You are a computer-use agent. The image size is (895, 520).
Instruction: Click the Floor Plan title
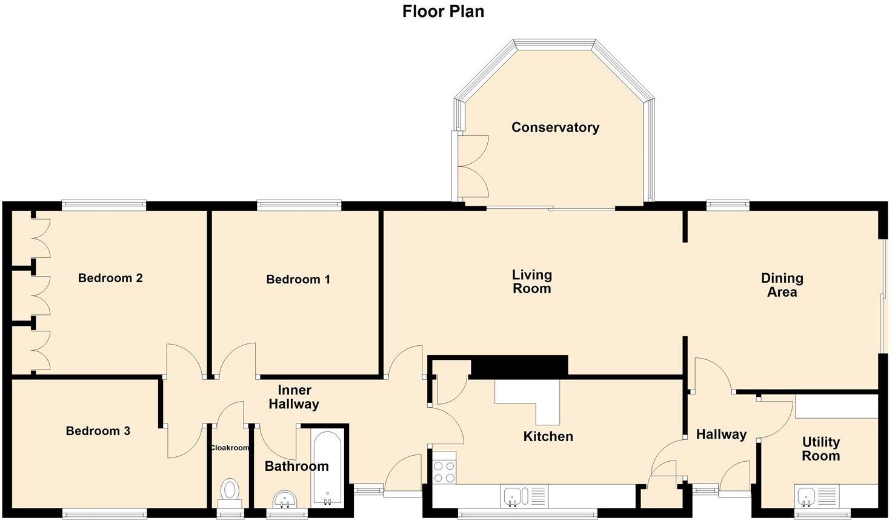click(443, 12)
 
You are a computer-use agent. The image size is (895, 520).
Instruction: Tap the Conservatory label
click(555, 127)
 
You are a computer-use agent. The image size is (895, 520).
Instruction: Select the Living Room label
click(531, 282)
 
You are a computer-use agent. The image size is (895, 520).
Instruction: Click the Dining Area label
click(782, 285)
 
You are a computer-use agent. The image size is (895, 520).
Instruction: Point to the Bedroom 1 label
click(298, 280)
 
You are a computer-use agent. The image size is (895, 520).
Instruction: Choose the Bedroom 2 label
click(110, 279)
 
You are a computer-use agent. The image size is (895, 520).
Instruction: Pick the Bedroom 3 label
click(98, 431)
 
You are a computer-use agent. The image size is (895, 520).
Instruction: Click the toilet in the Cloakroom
click(230, 490)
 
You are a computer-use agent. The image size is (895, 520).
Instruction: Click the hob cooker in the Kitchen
click(444, 472)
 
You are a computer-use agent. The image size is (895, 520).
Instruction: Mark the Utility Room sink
click(806, 496)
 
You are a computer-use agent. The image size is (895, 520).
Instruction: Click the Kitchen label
click(548, 436)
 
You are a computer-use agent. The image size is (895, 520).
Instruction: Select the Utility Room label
click(820, 449)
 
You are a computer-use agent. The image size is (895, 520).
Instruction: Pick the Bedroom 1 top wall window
click(299, 206)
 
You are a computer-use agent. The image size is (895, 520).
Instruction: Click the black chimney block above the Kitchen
click(519, 366)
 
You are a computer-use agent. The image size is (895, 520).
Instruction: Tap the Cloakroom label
click(229, 448)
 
